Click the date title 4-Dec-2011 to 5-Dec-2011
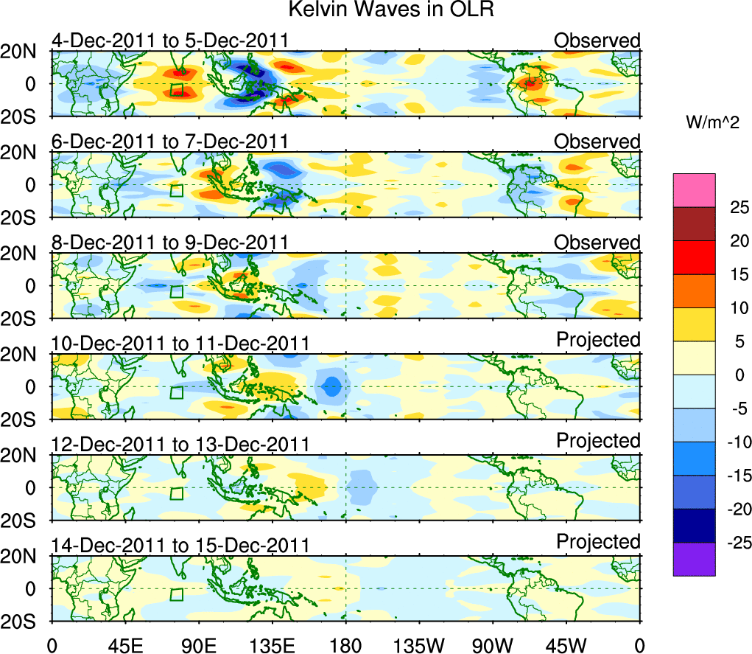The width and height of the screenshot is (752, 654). (169, 41)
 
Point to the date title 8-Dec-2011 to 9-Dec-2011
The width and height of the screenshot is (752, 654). (169, 243)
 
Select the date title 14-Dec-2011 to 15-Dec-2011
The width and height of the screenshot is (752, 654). (180, 546)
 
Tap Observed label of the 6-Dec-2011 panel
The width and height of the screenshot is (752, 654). (597, 141)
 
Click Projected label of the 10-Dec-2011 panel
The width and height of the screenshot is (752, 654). (598, 339)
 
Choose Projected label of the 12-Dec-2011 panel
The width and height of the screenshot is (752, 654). (598, 440)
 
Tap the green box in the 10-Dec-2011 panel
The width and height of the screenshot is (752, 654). (176, 392)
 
